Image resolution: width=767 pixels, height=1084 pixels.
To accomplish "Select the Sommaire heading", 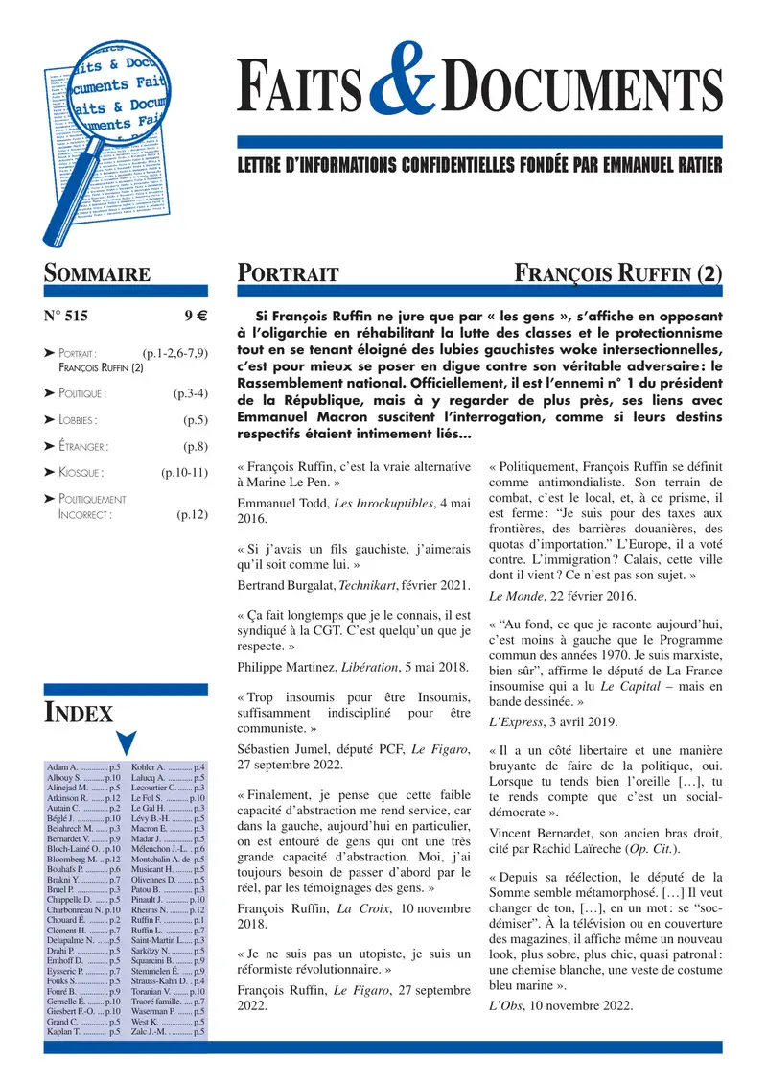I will (97, 273).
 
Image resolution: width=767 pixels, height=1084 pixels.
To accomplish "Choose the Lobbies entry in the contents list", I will (78, 419).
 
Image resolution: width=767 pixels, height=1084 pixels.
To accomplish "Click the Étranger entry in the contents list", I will (82, 446).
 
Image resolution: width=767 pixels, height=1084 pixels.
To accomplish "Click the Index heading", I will (80, 712).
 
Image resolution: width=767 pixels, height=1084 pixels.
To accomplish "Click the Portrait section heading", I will (288, 274).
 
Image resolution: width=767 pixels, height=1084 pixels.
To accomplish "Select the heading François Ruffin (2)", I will (618, 273).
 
